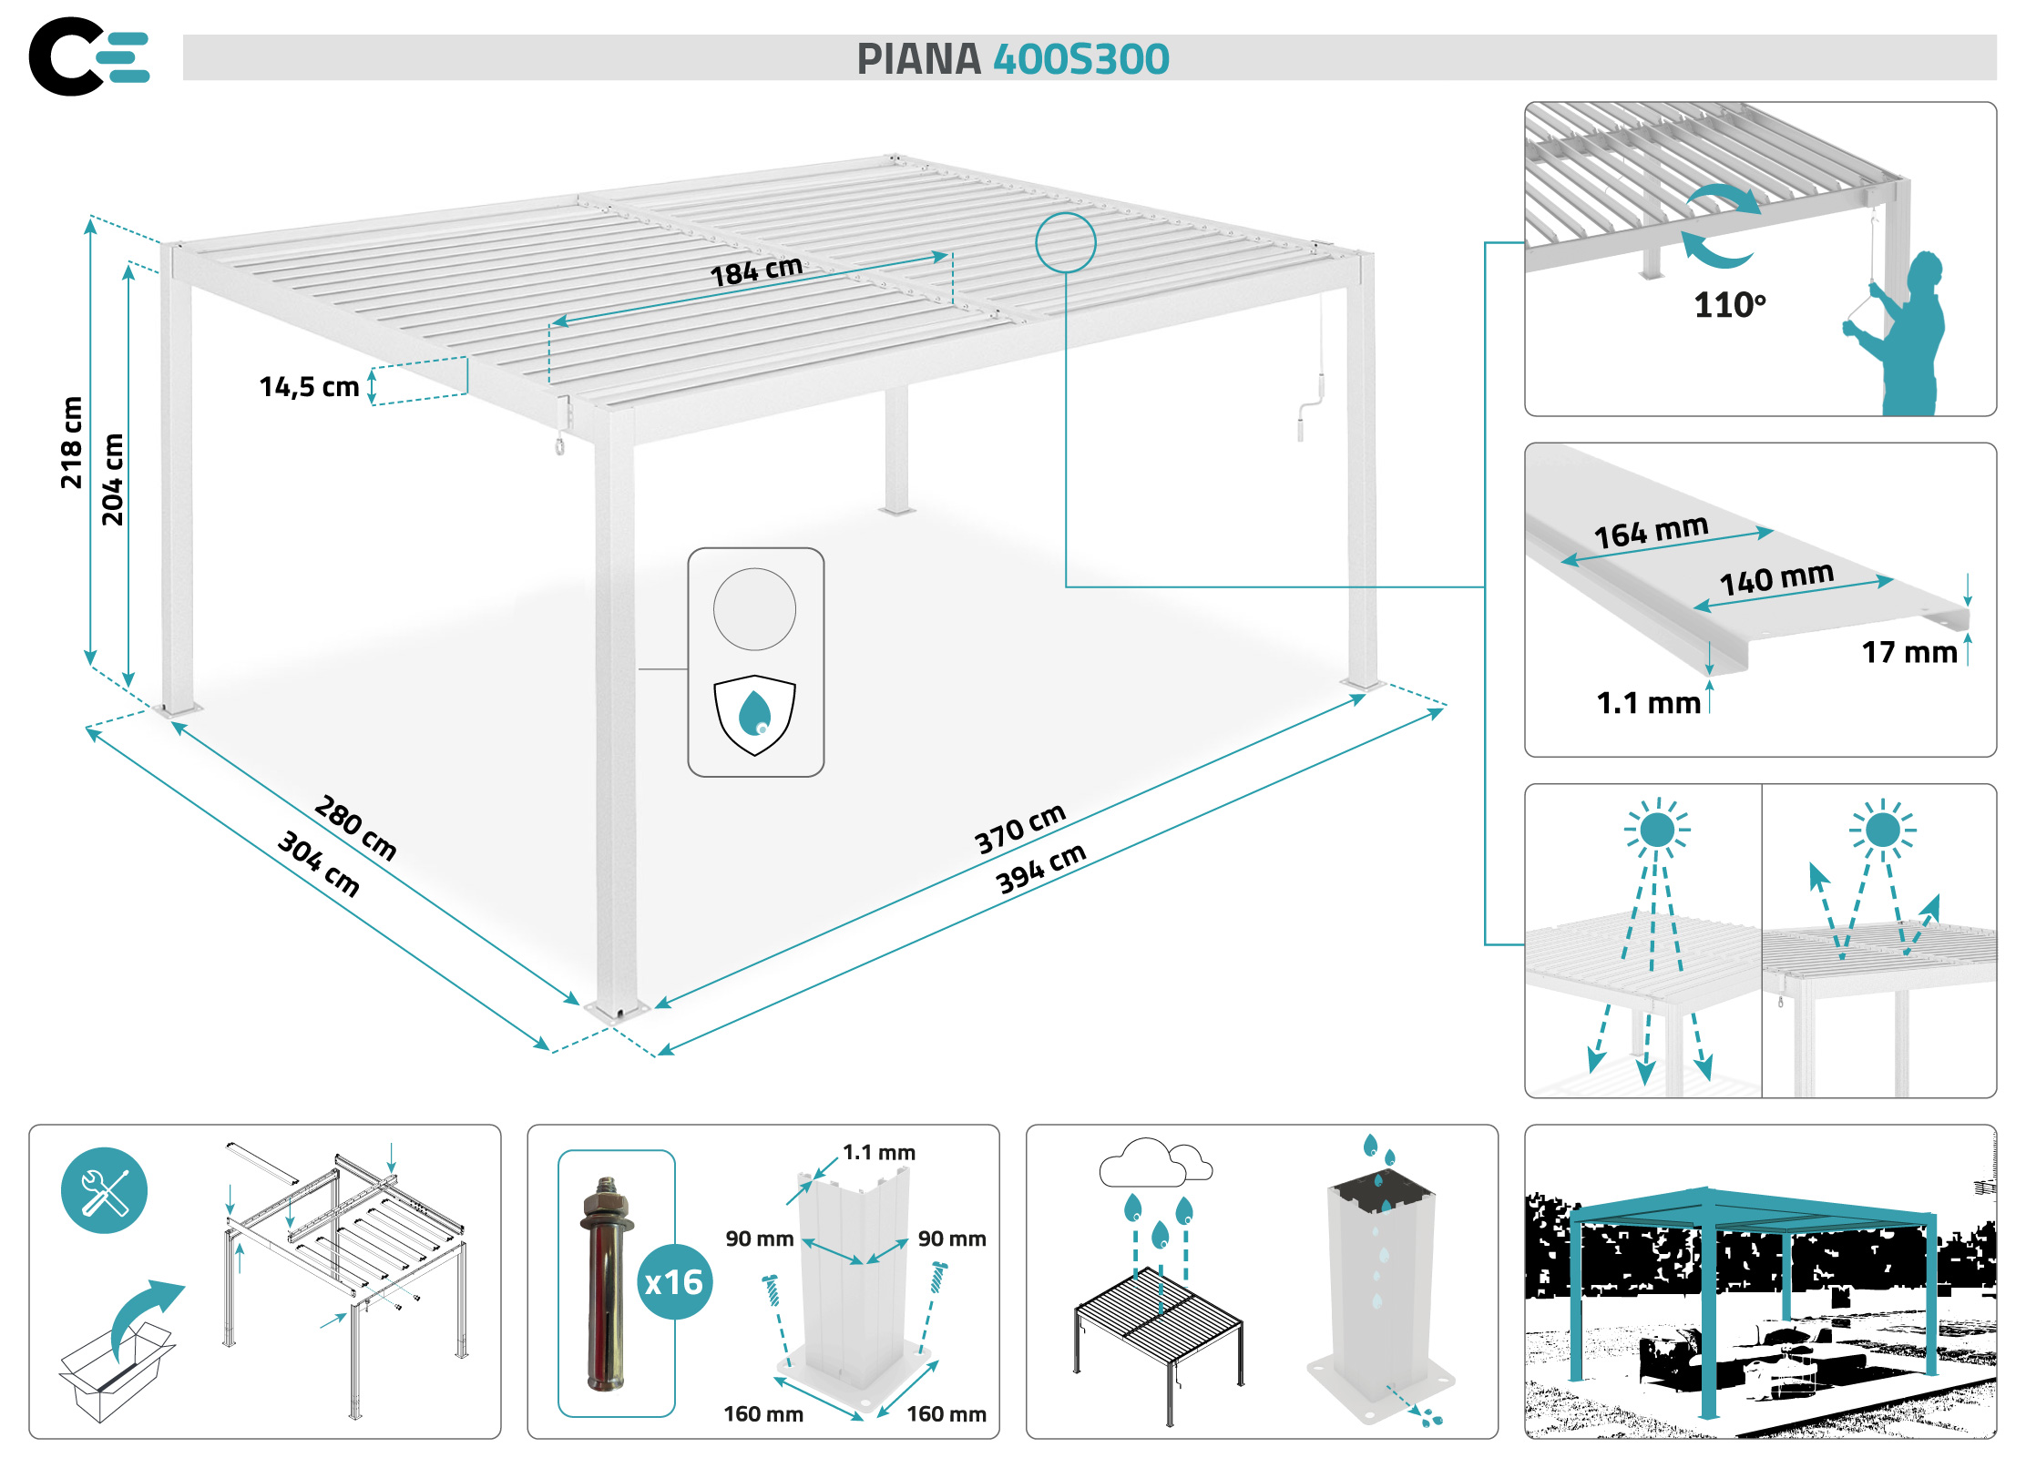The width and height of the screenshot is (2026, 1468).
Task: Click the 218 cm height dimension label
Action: [x=71, y=443]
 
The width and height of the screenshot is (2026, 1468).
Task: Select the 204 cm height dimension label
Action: [x=112, y=480]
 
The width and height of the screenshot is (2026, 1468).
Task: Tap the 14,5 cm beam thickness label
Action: [x=309, y=387]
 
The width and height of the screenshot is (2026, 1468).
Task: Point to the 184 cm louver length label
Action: [x=756, y=270]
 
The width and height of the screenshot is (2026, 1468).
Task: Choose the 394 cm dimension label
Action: [x=1040, y=868]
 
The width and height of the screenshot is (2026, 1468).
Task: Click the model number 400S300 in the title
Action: [x=1080, y=59]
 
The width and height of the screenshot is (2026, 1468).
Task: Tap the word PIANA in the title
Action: [x=918, y=59]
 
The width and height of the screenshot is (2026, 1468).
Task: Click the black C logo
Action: [x=64, y=56]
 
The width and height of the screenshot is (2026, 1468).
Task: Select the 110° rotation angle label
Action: [x=1729, y=305]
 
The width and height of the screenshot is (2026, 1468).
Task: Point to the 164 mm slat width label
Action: [x=1651, y=531]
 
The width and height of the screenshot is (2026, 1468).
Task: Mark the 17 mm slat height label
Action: [x=1909, y=652]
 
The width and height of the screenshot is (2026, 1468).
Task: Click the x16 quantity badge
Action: [x=674, y=1282]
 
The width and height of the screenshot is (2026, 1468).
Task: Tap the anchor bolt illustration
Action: [x=606, y=1284]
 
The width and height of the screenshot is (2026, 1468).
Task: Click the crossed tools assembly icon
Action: [x=104, y=1190]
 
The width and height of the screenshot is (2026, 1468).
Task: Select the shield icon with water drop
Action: [x=754, y=715]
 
